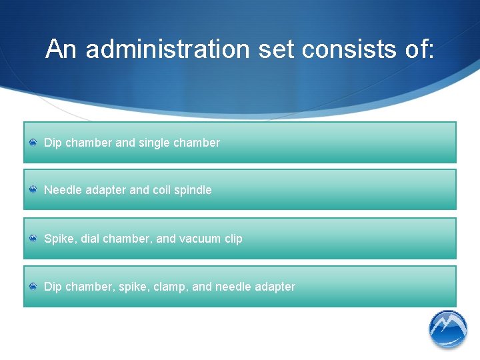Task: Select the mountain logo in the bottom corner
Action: pos(448,329)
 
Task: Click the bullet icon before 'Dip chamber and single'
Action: pos(33,143)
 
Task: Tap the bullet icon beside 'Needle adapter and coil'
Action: pos(33,190)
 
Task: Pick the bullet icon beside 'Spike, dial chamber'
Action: pos(33,239)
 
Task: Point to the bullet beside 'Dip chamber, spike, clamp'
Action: pos(33,287)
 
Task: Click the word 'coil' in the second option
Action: pos(161,190)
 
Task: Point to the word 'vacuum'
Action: pos(201,239)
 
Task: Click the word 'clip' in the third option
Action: pos(233,239)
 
